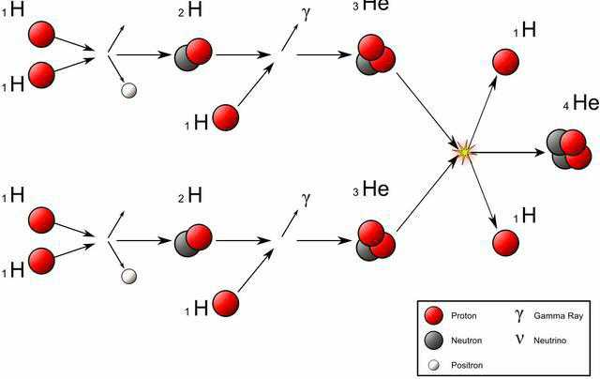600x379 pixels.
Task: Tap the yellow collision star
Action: tap(463, 149)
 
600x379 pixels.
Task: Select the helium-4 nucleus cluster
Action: tap(567, 148)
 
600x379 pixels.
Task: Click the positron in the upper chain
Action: tap(129, 90)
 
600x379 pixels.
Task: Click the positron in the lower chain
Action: tap(129, 275)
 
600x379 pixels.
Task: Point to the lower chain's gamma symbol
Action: tap(305, 200)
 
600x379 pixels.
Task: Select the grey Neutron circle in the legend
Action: tap(434, 340)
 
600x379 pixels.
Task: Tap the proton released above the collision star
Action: tap(506, 62)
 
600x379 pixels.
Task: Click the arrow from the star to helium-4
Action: tap(506, 150)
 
